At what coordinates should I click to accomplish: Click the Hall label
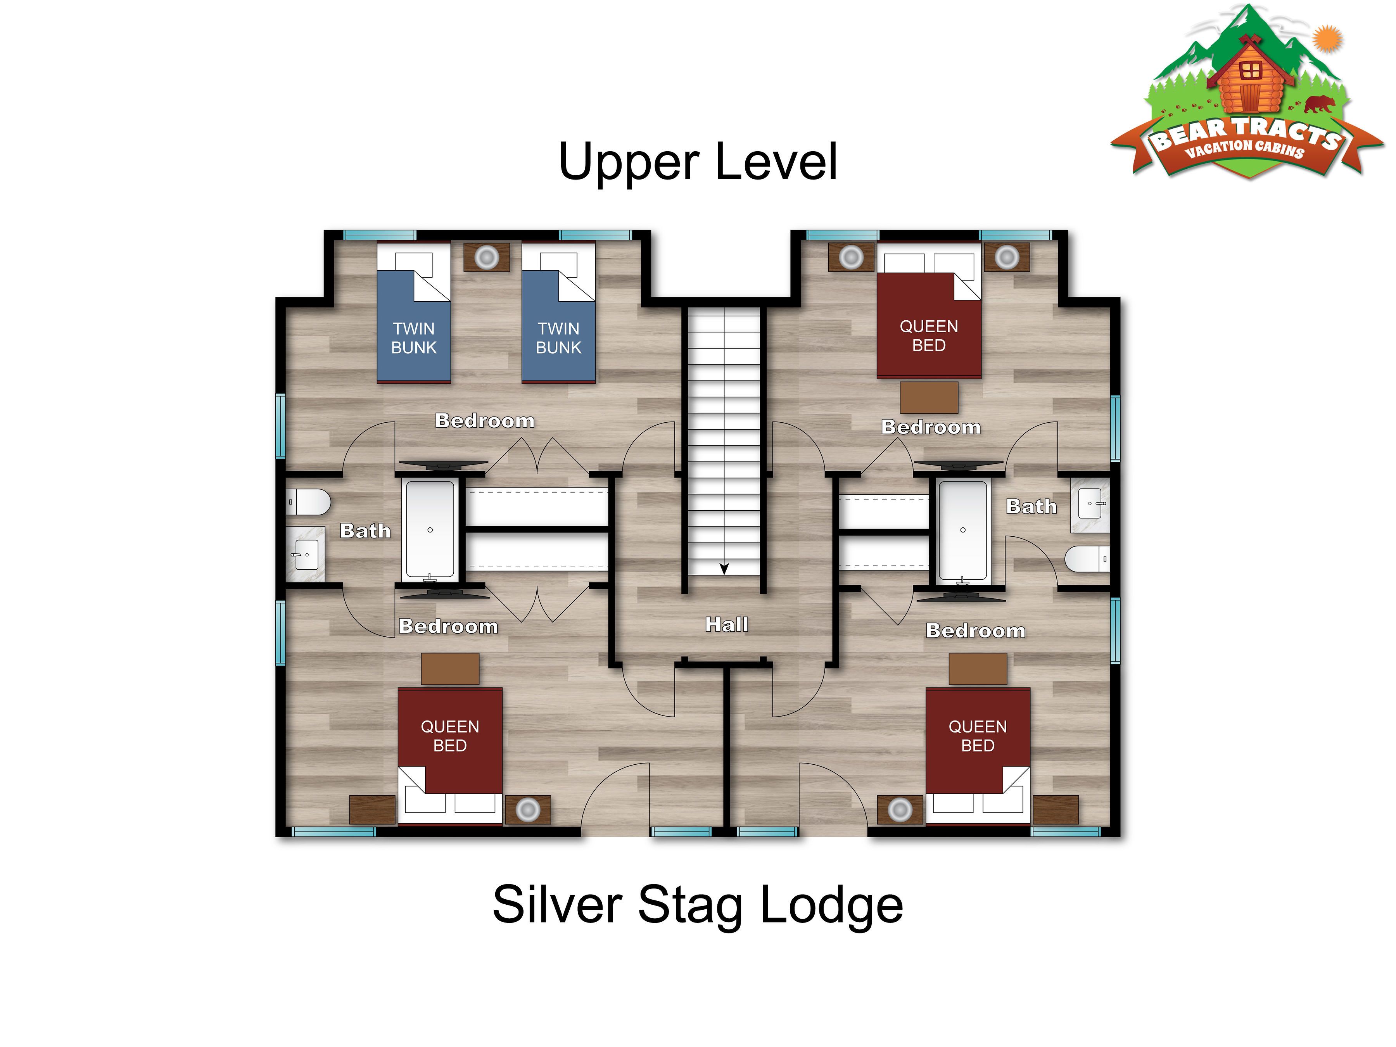726,625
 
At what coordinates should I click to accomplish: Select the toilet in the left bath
309,502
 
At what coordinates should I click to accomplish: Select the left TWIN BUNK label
414,338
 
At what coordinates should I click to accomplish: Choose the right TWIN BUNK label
558,338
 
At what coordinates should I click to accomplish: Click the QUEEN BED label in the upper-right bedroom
929,336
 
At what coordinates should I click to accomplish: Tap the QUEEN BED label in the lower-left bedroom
450,736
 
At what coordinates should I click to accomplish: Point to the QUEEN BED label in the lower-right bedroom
978,736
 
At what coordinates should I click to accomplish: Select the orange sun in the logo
1327,38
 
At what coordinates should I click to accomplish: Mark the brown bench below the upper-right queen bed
929,397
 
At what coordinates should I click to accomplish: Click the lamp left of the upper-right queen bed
851,257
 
